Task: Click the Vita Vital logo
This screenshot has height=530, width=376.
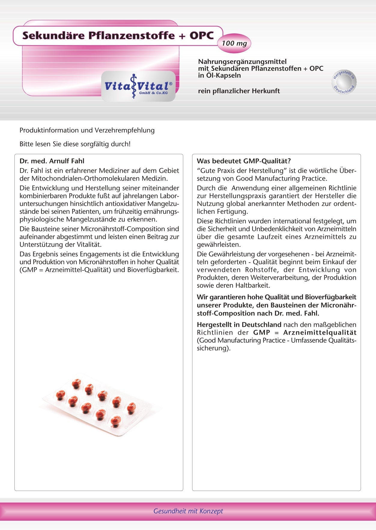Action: coord(138,86)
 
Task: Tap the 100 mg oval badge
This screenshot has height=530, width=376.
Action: coord(234,43)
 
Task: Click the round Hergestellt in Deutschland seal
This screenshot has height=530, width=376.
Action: coord(344,82)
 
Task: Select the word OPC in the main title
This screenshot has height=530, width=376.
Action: coord(202,35)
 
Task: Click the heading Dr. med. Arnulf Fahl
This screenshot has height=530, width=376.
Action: coord(52,161)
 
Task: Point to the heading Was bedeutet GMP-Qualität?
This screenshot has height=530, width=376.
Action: coord(244,161)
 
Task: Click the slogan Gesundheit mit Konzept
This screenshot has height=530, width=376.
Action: coord(188,511)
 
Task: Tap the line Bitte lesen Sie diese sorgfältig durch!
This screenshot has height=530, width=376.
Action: coord(75,144)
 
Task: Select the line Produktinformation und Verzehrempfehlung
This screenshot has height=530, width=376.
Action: coord(87,130)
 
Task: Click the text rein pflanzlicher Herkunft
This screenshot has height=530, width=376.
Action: coord(239,91)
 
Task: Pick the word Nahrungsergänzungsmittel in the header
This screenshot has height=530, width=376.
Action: coord(242,62)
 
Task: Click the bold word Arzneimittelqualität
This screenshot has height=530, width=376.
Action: coord(320,333)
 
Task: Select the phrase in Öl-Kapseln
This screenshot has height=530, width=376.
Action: coord(219,75)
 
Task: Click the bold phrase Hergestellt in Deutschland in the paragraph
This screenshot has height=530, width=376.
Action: coord(239,325)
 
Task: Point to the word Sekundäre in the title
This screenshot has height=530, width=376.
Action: coord(53,35)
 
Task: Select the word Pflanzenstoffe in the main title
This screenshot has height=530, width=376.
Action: coord(131,35)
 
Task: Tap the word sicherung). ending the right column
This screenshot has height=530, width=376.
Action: coord(214,348)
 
